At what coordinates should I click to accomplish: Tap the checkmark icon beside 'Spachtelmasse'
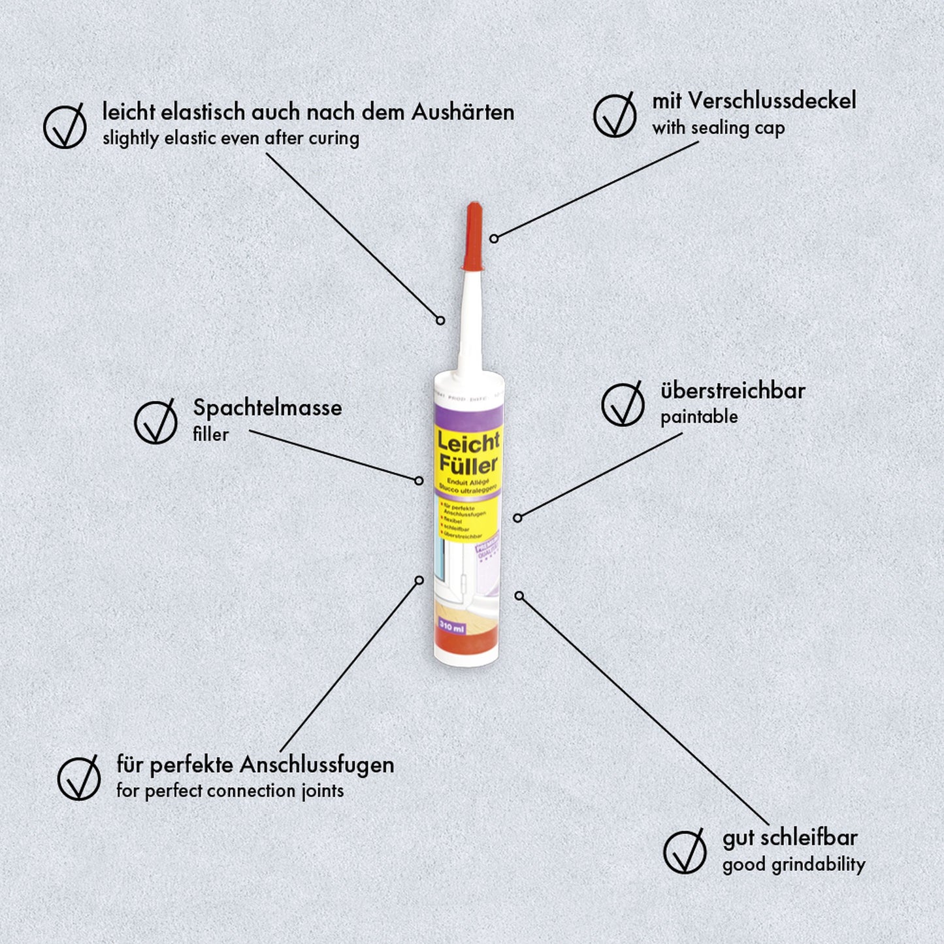155,422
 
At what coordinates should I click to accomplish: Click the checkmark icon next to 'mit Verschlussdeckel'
615,116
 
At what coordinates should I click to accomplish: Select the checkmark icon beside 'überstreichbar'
623,405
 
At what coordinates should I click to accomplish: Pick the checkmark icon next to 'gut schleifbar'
685,852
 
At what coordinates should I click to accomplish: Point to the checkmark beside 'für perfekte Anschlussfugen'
79,778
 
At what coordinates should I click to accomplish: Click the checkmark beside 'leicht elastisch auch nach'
65,126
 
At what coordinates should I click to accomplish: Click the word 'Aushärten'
463,112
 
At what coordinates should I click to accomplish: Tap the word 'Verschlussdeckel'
772,101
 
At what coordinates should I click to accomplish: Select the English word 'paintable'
699,417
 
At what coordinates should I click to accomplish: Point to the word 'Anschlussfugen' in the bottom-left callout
317,764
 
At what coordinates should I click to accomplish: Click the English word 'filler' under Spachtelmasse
210,434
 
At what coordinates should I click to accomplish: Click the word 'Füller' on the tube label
468,465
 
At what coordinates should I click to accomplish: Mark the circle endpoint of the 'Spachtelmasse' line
419,480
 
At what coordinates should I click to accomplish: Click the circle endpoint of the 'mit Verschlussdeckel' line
494,238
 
